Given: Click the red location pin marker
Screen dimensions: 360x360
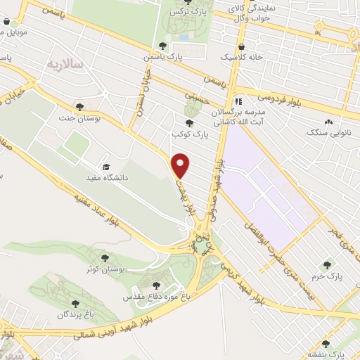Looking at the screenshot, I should [x=181, y=165].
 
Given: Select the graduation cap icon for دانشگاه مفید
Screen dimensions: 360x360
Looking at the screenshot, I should [x=106, y=167].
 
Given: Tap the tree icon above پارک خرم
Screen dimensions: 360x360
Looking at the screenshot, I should [x=326, y=265].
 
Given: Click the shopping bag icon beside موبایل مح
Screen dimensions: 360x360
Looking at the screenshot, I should [x=7, y=22].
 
